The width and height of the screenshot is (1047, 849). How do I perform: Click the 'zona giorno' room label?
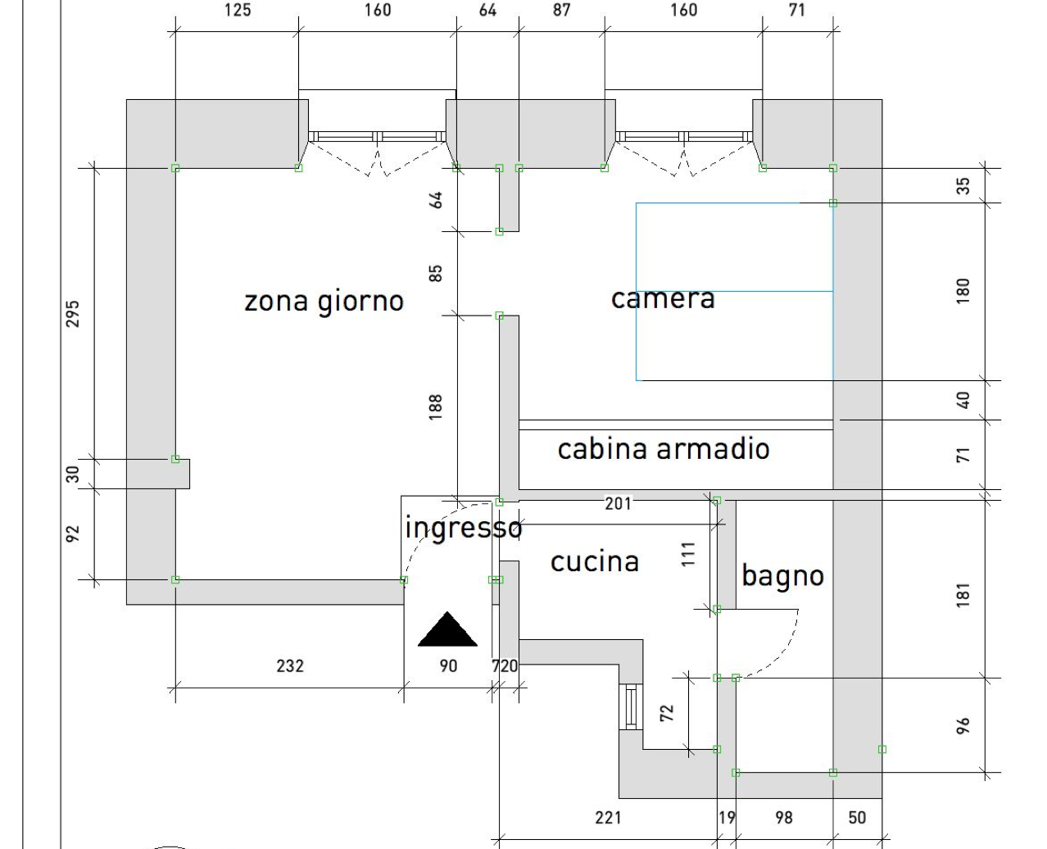tap(324, 302)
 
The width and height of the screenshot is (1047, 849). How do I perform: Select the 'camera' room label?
tap(663, 298)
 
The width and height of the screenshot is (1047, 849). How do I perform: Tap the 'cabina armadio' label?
tap(664, 449)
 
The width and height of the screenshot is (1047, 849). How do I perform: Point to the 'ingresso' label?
tap(464, 528)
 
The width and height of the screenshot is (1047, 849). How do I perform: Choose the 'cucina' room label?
tap(595, 562)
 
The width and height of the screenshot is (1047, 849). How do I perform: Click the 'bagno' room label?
tap(782, 576)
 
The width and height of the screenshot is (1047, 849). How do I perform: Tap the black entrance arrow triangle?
tap(447, 629)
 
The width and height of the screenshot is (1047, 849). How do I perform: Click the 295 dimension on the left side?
tap(73, 313)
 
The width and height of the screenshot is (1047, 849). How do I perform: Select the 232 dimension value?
tap(290, 665)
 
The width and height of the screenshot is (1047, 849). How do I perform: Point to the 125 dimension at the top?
tap(237, 10)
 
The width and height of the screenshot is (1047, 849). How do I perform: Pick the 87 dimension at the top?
tap(562, 10)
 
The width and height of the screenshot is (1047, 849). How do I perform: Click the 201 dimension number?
tap(619, 503)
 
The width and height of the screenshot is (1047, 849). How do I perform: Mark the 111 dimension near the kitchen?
tap(688, 554)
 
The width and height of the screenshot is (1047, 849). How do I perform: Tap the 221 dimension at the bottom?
tap(608, 817)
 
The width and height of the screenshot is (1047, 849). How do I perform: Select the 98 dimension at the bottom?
tap(784, 817)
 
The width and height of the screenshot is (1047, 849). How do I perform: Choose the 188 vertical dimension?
tap(436, 407)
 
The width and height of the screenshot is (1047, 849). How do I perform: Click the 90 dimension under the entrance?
tap(448, 665)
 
